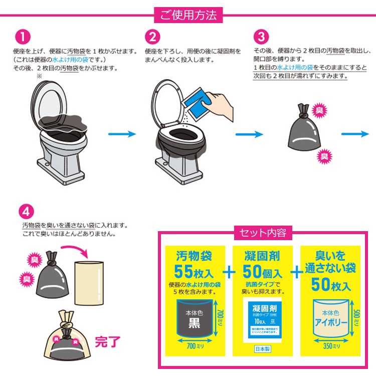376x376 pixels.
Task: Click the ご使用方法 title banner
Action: coord(188,15)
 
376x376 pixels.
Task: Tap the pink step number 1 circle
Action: coord(23,37)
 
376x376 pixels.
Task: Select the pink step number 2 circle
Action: coord(153,37)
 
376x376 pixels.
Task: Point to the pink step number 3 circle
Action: coord(261,37)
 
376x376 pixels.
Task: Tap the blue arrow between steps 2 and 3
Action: coord(249,134)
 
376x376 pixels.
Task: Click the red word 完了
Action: coord(108,342)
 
